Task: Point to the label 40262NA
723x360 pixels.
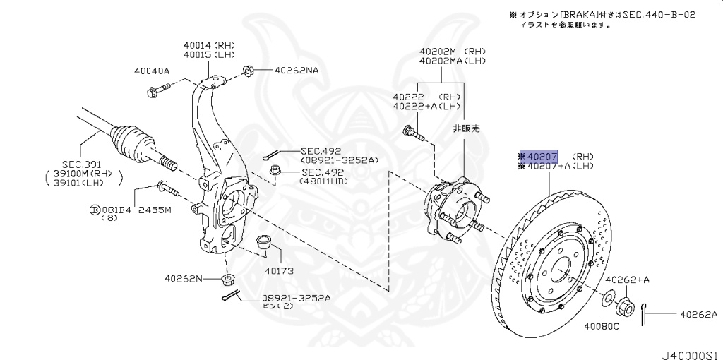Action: pyautogui.click(x=297, y=71)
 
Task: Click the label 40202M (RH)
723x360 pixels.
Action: pyautogui.click(x=452, y=52)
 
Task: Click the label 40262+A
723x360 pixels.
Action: pyautogui.click(x=627, y=280)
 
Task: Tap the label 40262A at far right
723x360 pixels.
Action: pyautogui.click(x=698, y=314)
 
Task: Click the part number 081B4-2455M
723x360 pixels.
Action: pyautogui.click(x=135, y=210)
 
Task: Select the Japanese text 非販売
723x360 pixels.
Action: pyautogui.click(x=465, y=129)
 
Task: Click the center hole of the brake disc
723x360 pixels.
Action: pyautogui.click(x=558, y=269)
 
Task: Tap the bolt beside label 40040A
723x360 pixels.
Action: pyautogui.click(x=158, y=90)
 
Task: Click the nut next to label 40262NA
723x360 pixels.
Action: pyautogui.click(x=249, y=71)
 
